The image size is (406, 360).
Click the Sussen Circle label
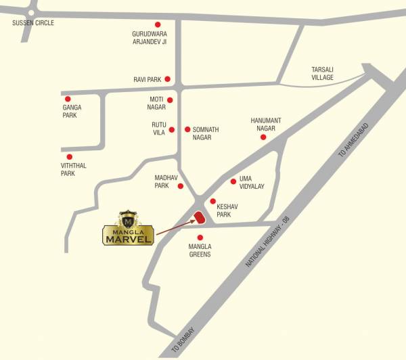[x=32, y=23]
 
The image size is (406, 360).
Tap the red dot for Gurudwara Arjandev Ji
[x=158, y=24]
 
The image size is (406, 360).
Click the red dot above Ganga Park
[x=68, y=99]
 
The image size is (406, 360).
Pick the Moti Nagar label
[x=157, y=104]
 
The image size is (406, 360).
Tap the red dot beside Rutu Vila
[x=172, y=129]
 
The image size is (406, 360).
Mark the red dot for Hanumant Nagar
[x=263, y=137]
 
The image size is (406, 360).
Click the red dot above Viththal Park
[x=68, y=156]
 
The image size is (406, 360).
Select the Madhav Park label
[x=162, y=181]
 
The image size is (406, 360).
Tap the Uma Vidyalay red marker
[x=233, y=181]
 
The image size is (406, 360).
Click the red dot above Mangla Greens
[x=200, y=237]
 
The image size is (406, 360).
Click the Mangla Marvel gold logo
[x=128, y=228]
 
